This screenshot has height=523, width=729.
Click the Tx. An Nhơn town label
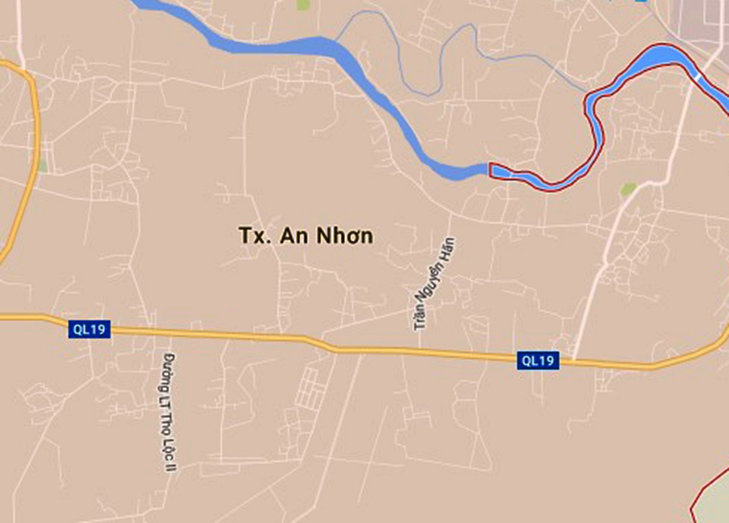(306, 236)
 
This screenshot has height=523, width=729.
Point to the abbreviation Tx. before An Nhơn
(254, 236)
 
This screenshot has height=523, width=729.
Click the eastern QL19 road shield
(538, 360)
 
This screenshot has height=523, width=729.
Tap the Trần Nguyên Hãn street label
(434, 284)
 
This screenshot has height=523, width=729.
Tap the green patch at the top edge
(302, 5)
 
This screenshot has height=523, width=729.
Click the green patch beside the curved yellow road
(42, 166)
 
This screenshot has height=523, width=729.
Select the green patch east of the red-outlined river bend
(628, 190)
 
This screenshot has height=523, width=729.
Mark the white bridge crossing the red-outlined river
(699, 77)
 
